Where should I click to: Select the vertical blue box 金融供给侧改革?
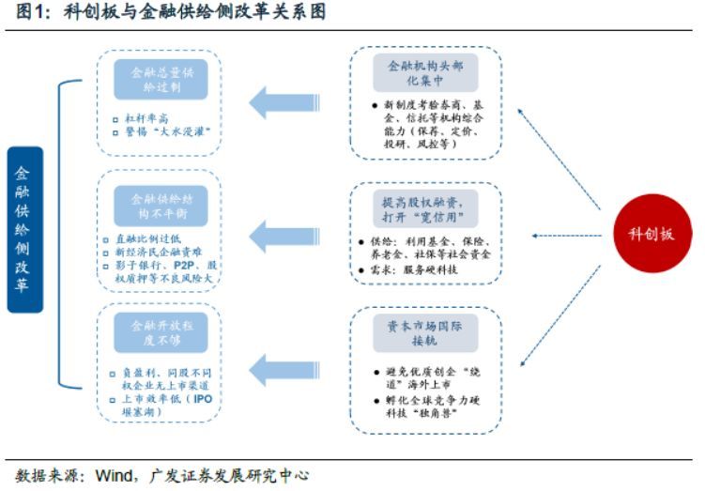pos(24,228)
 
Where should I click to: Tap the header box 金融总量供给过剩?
pos(161,80)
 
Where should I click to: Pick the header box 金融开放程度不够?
pos(161,332)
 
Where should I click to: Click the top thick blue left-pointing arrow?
pos(286,101)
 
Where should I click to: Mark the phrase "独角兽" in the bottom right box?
pos(441,411)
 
